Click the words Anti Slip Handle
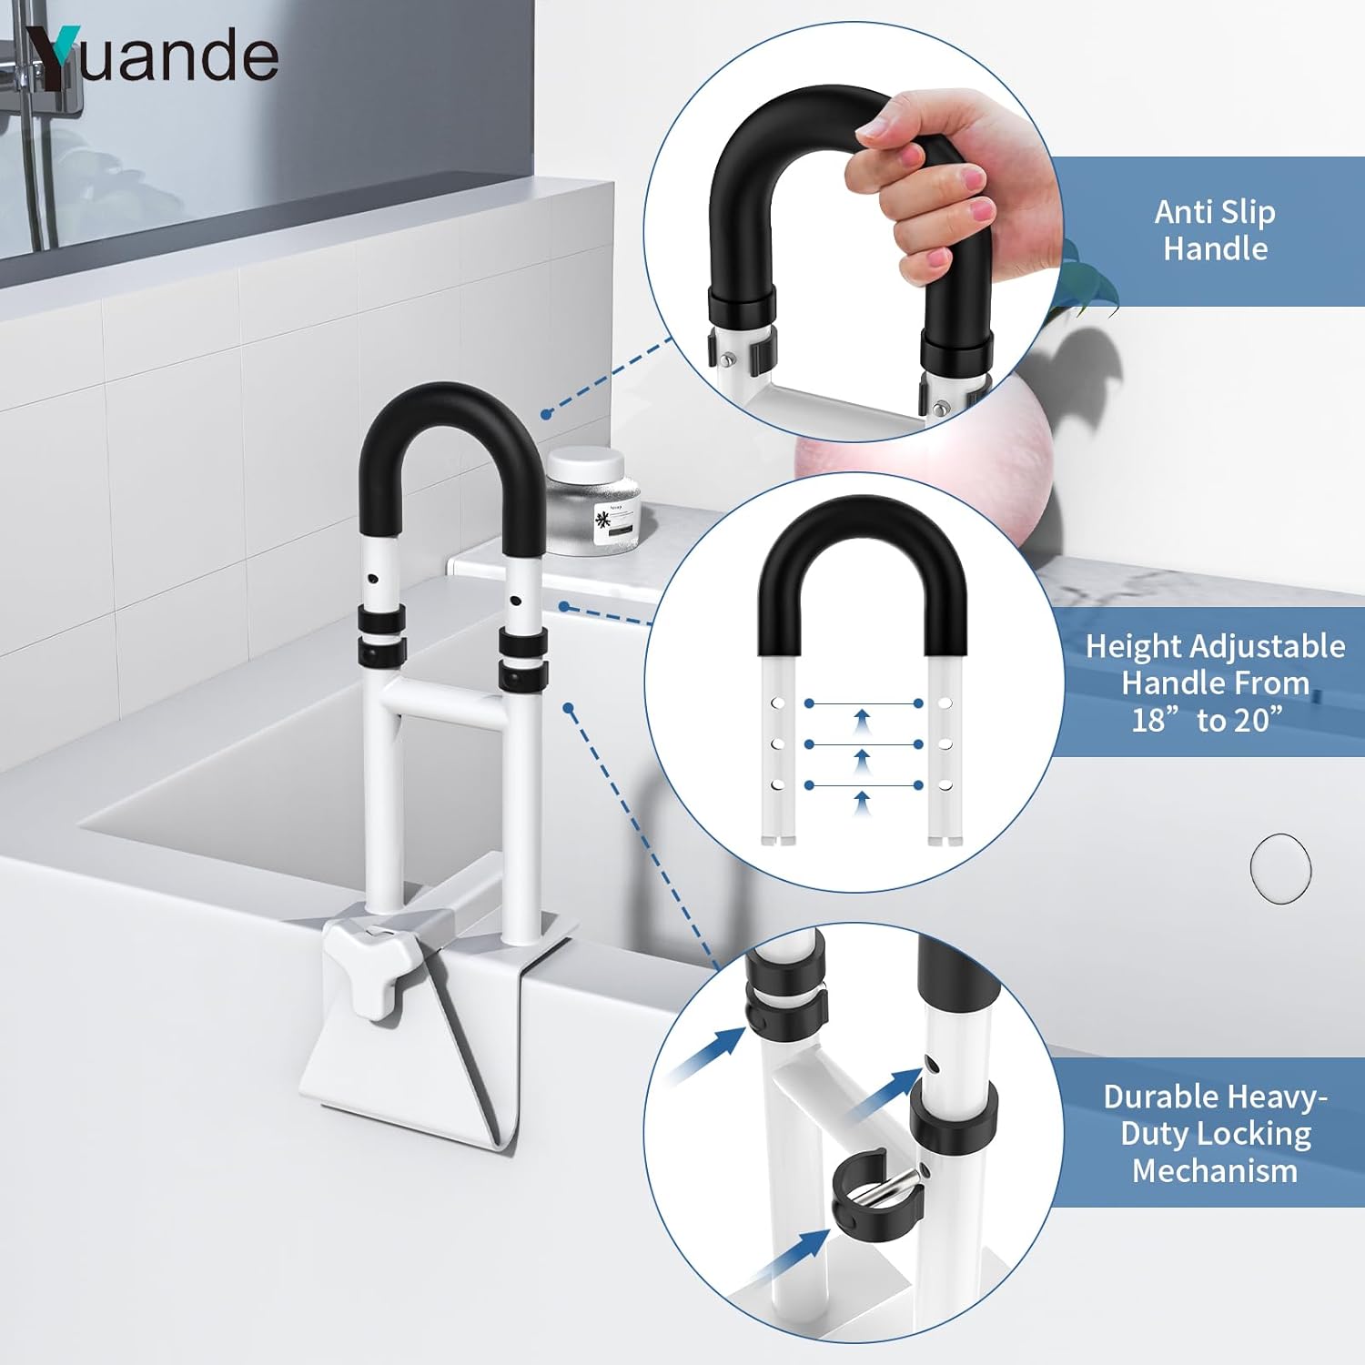tap(1215, 230)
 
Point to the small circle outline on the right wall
tap(1280, 869)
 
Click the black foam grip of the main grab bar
tap(451, 437)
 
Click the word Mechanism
tap(1215, 1171)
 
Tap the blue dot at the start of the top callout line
tap(546, 414)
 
